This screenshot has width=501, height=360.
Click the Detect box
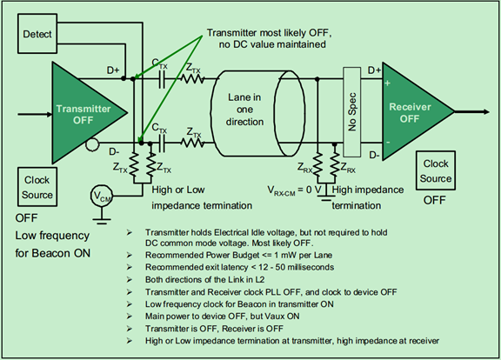tap(37, 34)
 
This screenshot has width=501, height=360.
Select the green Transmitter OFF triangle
tap(84, 113)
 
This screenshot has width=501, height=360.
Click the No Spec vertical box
tap(351, 112)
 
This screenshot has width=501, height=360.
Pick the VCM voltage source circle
tap(102, 196)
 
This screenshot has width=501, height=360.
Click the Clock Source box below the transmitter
tap(37, 187)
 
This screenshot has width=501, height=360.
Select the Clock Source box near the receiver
tap(436, 171)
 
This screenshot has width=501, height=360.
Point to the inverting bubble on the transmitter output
tap(92, 144)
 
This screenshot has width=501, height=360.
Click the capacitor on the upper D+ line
tap(162, 78)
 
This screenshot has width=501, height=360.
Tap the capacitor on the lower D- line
tap(162, 143)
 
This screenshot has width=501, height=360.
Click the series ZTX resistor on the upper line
tap(193, 78)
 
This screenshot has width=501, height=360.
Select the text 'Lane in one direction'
tap(244, 110)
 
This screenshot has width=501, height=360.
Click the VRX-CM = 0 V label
tap(294, 190)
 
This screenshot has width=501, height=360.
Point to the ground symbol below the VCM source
tap(102, 221)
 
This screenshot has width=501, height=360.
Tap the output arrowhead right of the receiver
tap(486, 112)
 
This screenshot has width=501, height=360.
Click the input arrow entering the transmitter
tap(35, 114)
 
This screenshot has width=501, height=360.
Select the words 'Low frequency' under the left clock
tap(52, 236)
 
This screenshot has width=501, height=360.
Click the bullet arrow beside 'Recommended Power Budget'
tap(129, 255)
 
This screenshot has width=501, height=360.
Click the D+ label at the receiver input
tap(374, 70)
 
